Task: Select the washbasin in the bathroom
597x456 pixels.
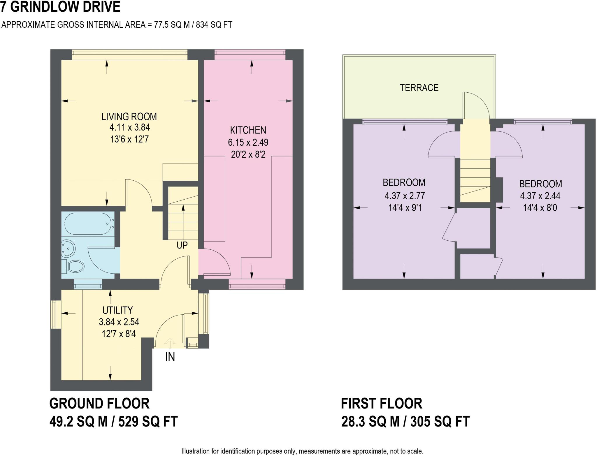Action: click(x=69, y=249)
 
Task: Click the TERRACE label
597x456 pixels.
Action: click(x=419, y=88)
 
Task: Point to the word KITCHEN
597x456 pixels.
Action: click(x=248, y=130)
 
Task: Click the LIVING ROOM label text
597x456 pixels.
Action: click(x=129, y=117)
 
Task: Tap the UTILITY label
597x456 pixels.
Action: click(x=117, y=310)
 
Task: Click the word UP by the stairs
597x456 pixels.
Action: click(x=182, y=245)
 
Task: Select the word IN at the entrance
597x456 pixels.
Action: click(x=170, y=357)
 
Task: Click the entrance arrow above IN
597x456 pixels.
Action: click(x=170, y=343)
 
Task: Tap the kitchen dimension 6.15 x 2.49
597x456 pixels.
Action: click(x=248, y=142)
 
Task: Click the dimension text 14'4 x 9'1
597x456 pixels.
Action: click(x=405, y=208)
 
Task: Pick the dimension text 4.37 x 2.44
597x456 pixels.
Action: click(x=540, y=196)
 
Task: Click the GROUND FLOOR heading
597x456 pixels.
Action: click(x=99, y=404)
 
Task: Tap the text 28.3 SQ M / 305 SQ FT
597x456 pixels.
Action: click(x=405, y=421)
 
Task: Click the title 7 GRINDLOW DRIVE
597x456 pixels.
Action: click(x=60, y=7)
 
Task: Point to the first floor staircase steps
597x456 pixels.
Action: click(x=475, y=178)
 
